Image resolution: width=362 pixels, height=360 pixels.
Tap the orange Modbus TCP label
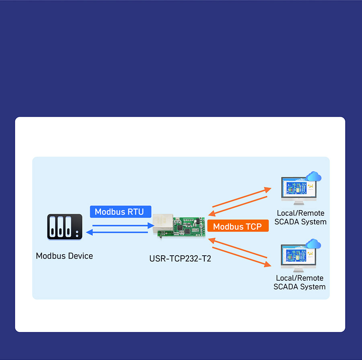[x=238, y=226]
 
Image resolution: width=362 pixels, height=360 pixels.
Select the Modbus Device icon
[x=64, y=227]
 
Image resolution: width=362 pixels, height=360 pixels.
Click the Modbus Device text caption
[x=64, y=256]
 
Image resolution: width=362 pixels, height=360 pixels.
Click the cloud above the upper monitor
[x=314, y=176]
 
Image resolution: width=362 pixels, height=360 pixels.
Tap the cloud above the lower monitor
[x=314, y=244]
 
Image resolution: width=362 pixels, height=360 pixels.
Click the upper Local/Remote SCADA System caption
[x=300, y=217]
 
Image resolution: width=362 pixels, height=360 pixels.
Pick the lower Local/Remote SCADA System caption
[x=300, y=282]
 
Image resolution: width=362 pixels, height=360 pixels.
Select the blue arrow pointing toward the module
[x=121, y=226]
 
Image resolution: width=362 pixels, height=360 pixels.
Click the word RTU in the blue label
[x=135, y=211]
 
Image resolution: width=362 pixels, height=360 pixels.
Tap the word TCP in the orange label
[x=253, y=226]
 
